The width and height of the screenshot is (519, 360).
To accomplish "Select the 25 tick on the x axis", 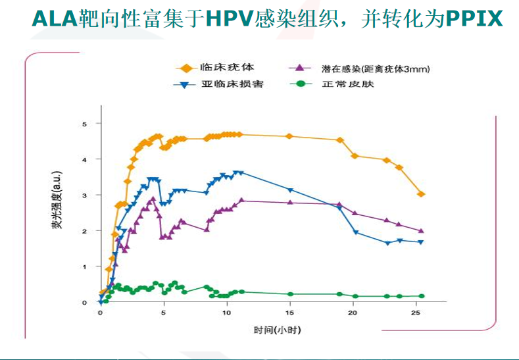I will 416,313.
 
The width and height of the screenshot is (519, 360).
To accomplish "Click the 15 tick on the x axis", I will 289,313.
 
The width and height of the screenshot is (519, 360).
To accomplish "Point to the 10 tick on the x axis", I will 226,313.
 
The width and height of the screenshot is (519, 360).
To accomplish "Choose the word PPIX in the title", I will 474,18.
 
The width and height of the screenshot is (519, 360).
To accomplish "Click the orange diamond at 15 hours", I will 289,136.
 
